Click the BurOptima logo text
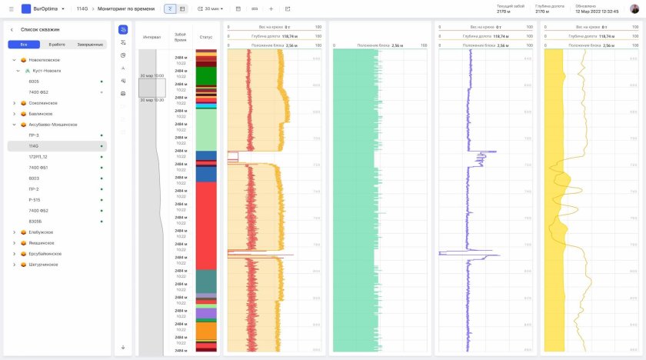[x=47, y=8]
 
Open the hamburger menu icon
[x=11, y=8]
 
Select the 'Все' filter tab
[x=24, y=45]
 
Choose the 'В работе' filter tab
[x=56, y=45]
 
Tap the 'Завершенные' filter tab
[x=89, y=45]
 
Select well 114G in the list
[x=34, y=145]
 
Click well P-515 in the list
[x=35, y=199]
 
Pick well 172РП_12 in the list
[x=38, y=156]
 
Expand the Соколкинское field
[x=14, y=103]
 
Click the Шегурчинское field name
[x=45, y=264]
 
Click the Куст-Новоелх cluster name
[x=47, y=70]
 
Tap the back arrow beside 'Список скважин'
[x=12, y=29]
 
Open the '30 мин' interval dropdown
[x=211, y=8]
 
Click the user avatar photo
[x=634, y=8]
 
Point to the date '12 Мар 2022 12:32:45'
[x=597, y=12]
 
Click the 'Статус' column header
[x=205, y=36]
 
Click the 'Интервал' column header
[x=152, y=36]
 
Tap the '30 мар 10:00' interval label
[x=152, y=75]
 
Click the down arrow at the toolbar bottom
[x=123, y=347]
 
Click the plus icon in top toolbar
[x=271, y=8]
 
